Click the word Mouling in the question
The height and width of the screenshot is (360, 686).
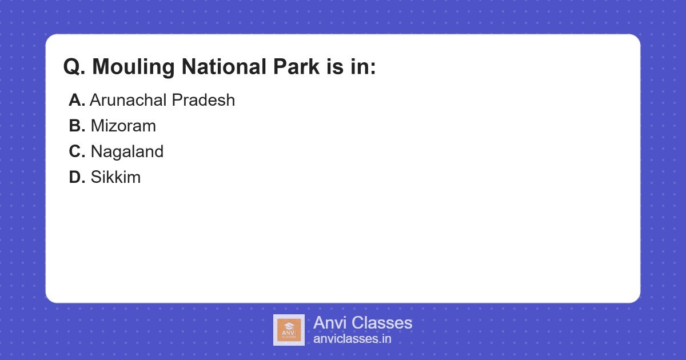[x=133, y=67]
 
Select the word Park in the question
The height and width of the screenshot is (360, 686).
[x=297, y=66]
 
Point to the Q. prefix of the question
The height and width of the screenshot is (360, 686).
[x=74, y=67]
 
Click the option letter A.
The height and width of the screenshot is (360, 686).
[x=77, y=100]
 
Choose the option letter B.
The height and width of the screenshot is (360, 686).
[x=77, y=126]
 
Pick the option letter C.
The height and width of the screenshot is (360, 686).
[x=77, y=151]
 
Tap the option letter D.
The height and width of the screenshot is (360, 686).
[x=77, y=177]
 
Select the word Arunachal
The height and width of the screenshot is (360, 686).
[x=128, y=100]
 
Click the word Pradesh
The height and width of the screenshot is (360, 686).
[x=204, y=100]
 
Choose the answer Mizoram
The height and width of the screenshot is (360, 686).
[x=123, y=126]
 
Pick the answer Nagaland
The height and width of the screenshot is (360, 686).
[x=127, y=152]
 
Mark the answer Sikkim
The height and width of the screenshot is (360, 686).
[x=115, y=177]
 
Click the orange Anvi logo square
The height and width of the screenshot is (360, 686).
[x=289, y=330]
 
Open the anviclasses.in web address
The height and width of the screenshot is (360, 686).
[x=352, y=339]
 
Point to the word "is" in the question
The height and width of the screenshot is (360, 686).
[x=335, y=67]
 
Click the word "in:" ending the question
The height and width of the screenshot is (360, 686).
[x=363, y=67]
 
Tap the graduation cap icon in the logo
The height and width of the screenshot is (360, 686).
[x=289, y=325]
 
